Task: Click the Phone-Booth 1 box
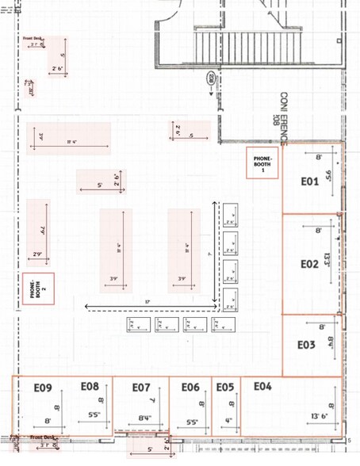point(262,163)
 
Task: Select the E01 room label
point(309,181)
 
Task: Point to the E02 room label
point(309,263)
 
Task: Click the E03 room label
point(307,345)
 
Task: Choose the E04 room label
point(262,386)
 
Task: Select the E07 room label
point(140,388)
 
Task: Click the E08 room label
point(90,386)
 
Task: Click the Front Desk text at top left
point(33,37)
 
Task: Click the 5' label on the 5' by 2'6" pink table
point(100,185)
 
